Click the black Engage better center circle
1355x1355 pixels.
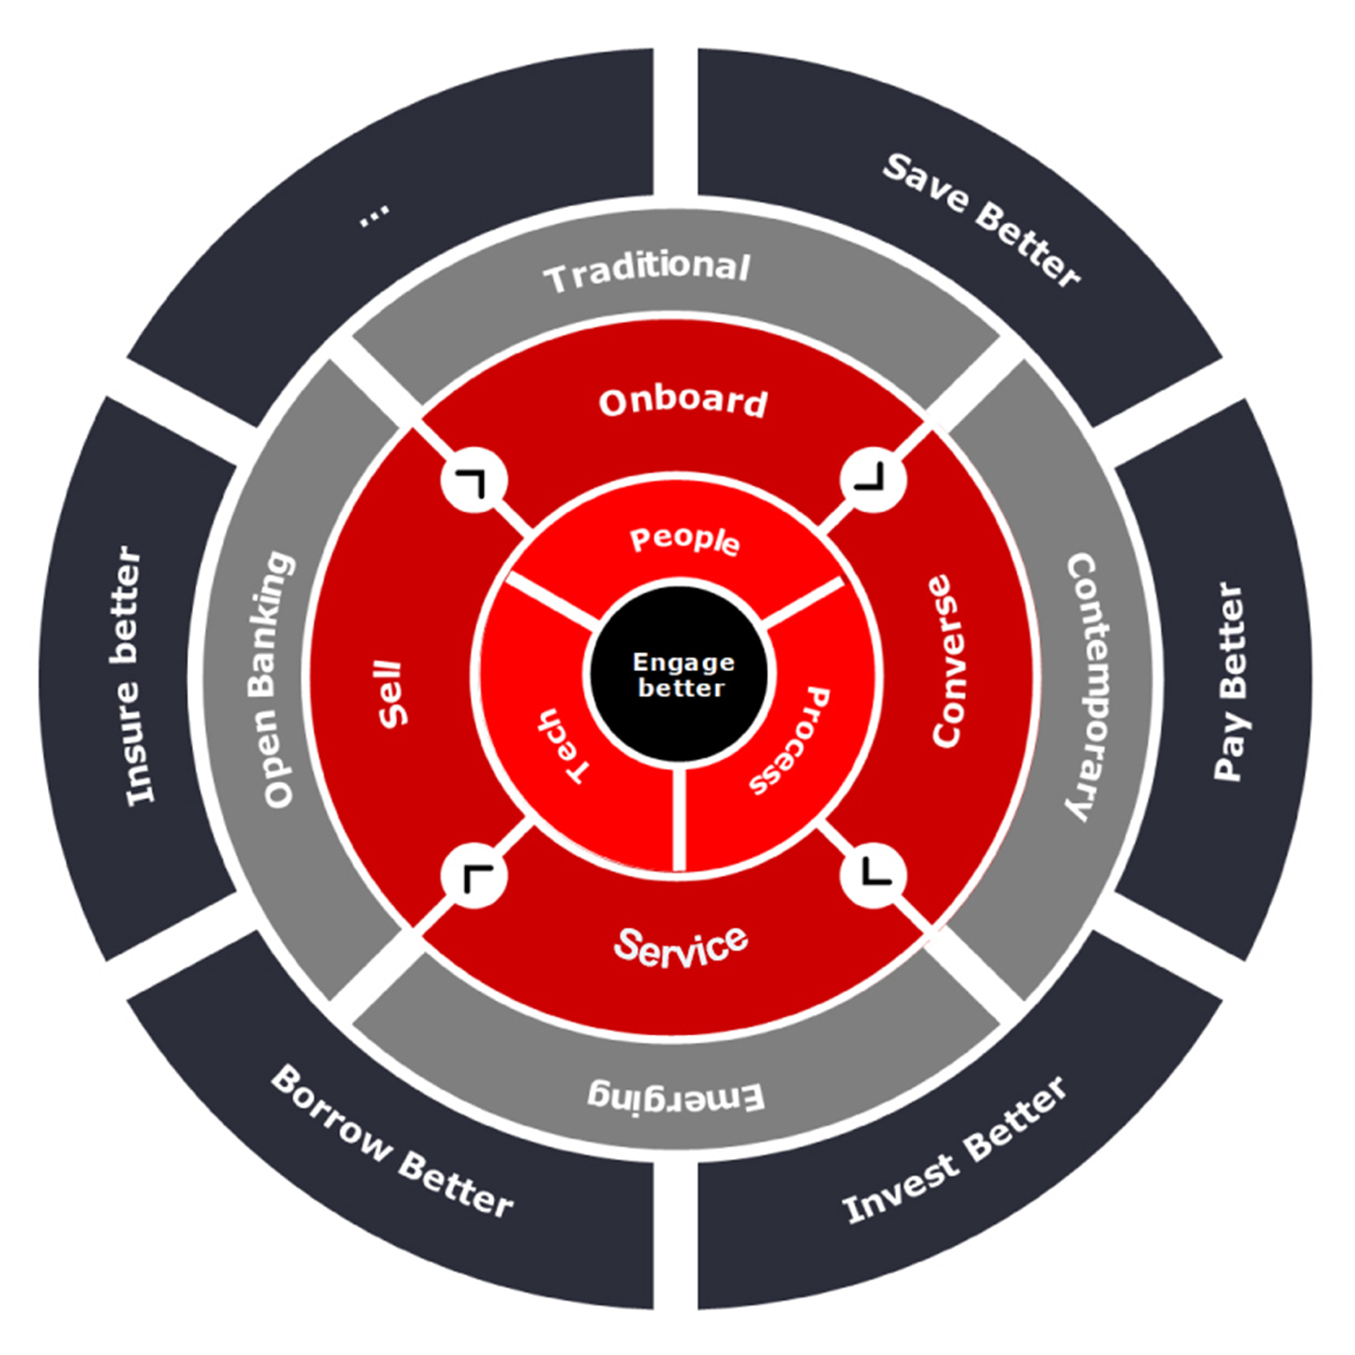point(679,674)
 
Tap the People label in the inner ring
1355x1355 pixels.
point(684,540)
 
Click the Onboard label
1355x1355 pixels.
point(683,402)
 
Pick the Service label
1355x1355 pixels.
point(681,946)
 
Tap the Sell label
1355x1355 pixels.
point(391,694)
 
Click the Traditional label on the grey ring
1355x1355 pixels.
point(647,272)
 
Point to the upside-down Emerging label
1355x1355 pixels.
point(676,1096)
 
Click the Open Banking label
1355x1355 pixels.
point(273,679)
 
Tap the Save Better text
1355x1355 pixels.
point(981,219)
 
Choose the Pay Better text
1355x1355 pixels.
point(1229,681)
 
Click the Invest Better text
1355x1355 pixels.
point(954,1150)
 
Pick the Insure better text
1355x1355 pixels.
point(133,676)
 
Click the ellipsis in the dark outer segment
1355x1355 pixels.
point(374,215)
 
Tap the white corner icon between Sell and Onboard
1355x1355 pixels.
point(474,481)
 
